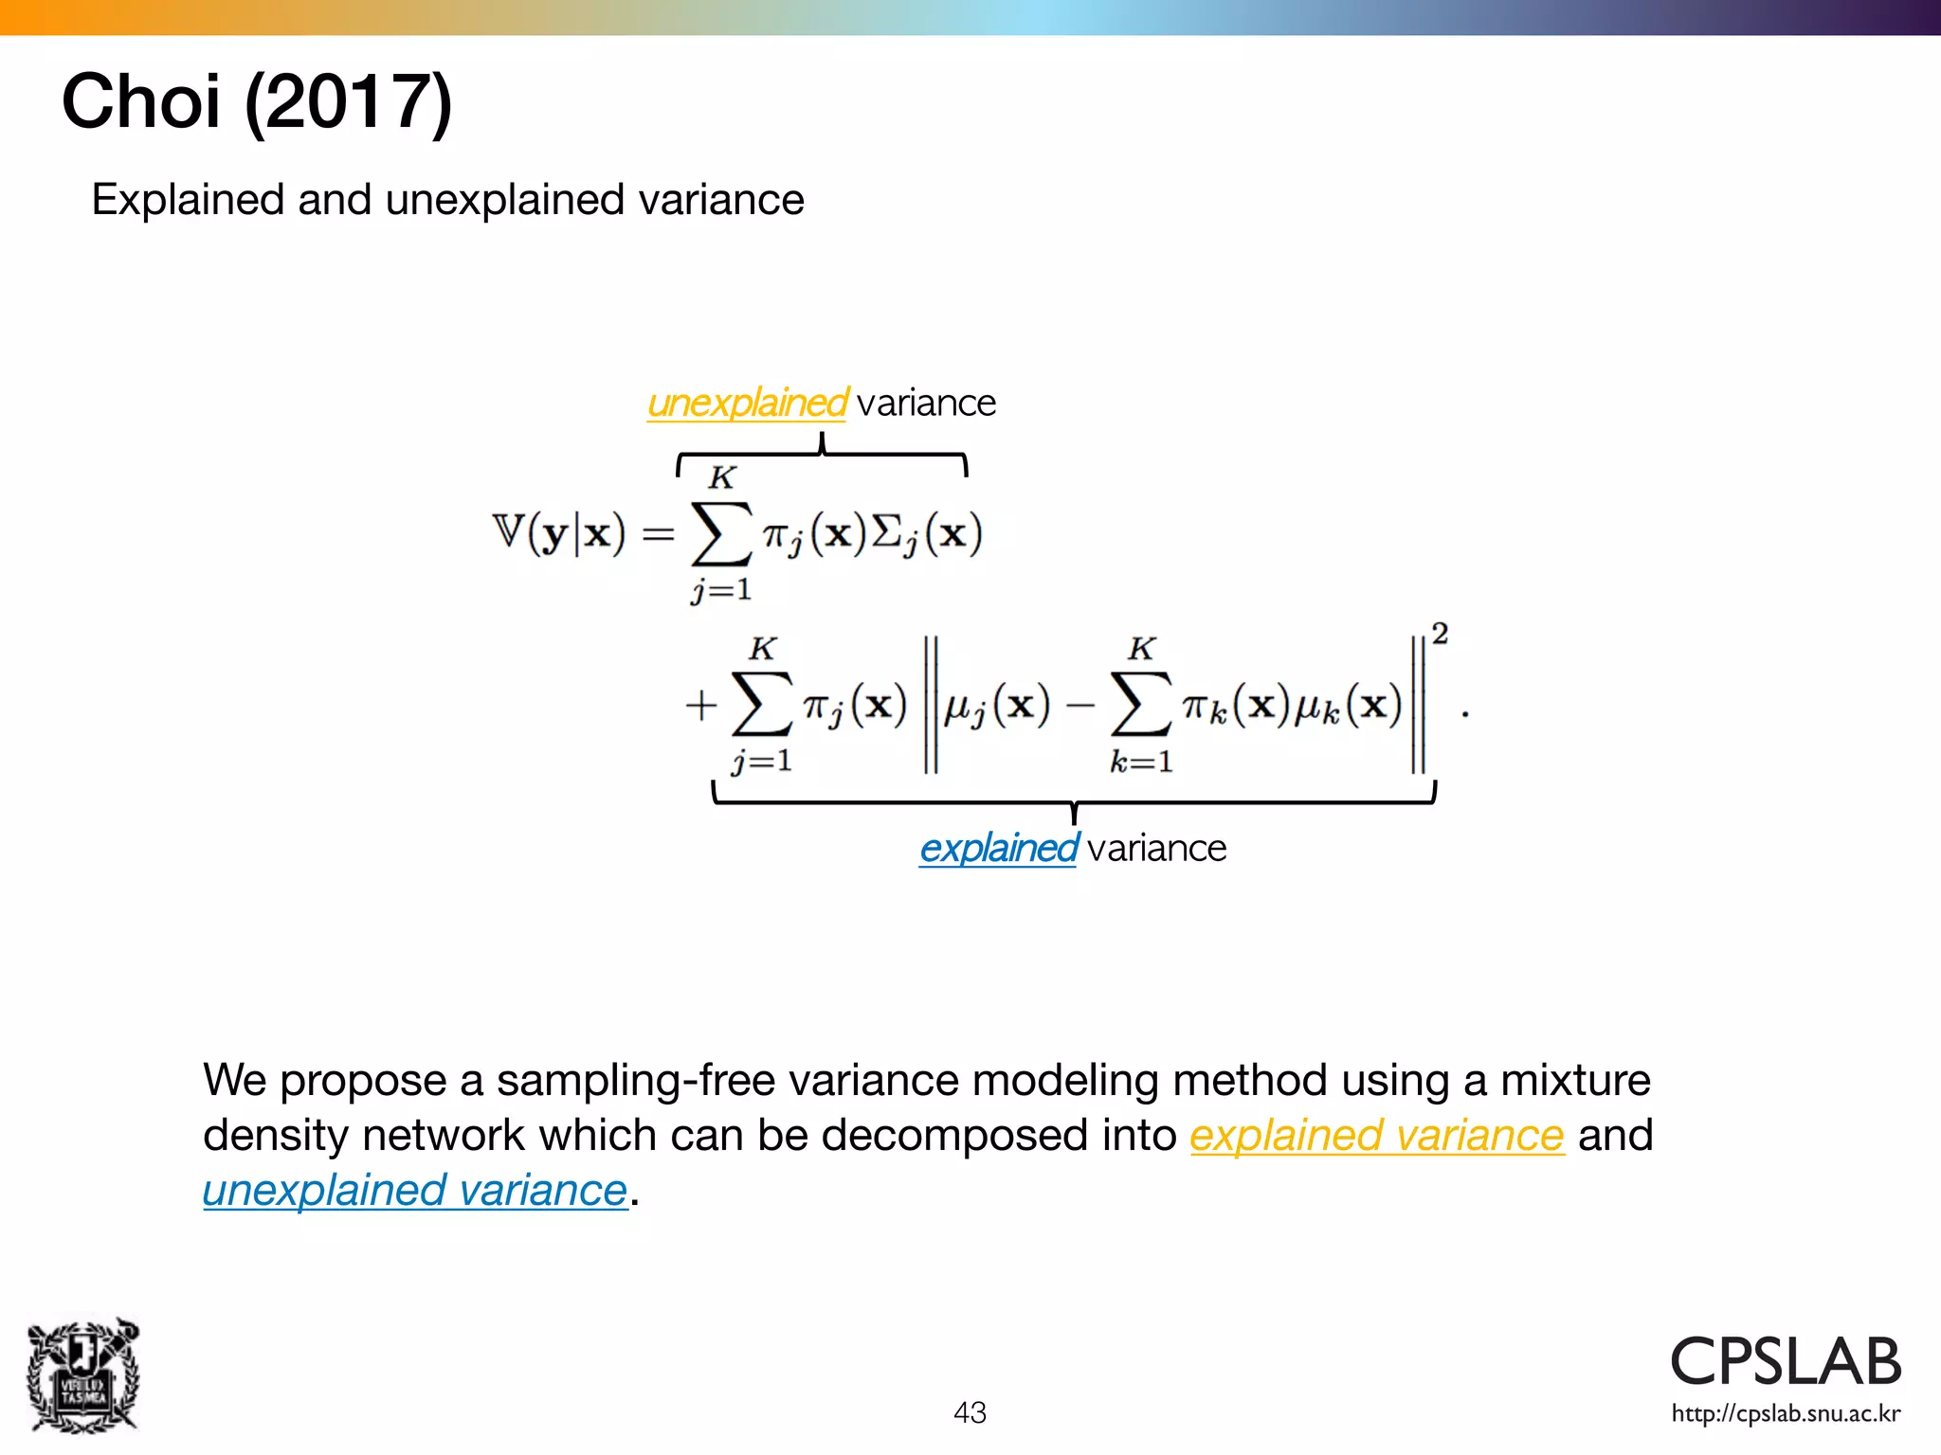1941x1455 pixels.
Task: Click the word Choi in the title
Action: [x=140, y=102]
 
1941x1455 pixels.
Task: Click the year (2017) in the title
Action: [x=349, y=102]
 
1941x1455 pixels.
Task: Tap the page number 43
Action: [x=970, y=1412]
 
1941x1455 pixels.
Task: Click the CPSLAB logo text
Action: [x=1786, y=1362]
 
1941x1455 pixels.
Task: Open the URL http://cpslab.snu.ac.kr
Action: [x=1786, y=1414]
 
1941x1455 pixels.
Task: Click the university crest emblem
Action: [x=83, y=1375]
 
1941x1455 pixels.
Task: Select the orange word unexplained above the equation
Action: [x=747, y=404]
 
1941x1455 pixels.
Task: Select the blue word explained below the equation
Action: [x=998, y=849]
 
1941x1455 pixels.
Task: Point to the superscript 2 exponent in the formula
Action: [x=1440, y=634]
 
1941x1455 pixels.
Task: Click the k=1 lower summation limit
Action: [x=1141, y=762]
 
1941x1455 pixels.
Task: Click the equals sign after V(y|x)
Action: [x=658, y=535]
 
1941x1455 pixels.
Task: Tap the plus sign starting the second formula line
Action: [x=701, y=706]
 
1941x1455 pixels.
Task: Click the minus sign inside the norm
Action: [x=1079, y=706]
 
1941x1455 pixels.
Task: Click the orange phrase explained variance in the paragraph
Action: [x=1376, y=1135]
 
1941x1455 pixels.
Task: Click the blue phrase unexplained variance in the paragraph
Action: [x=415, y=1191]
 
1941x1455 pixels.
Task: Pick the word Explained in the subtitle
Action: [x=187, y=201]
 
